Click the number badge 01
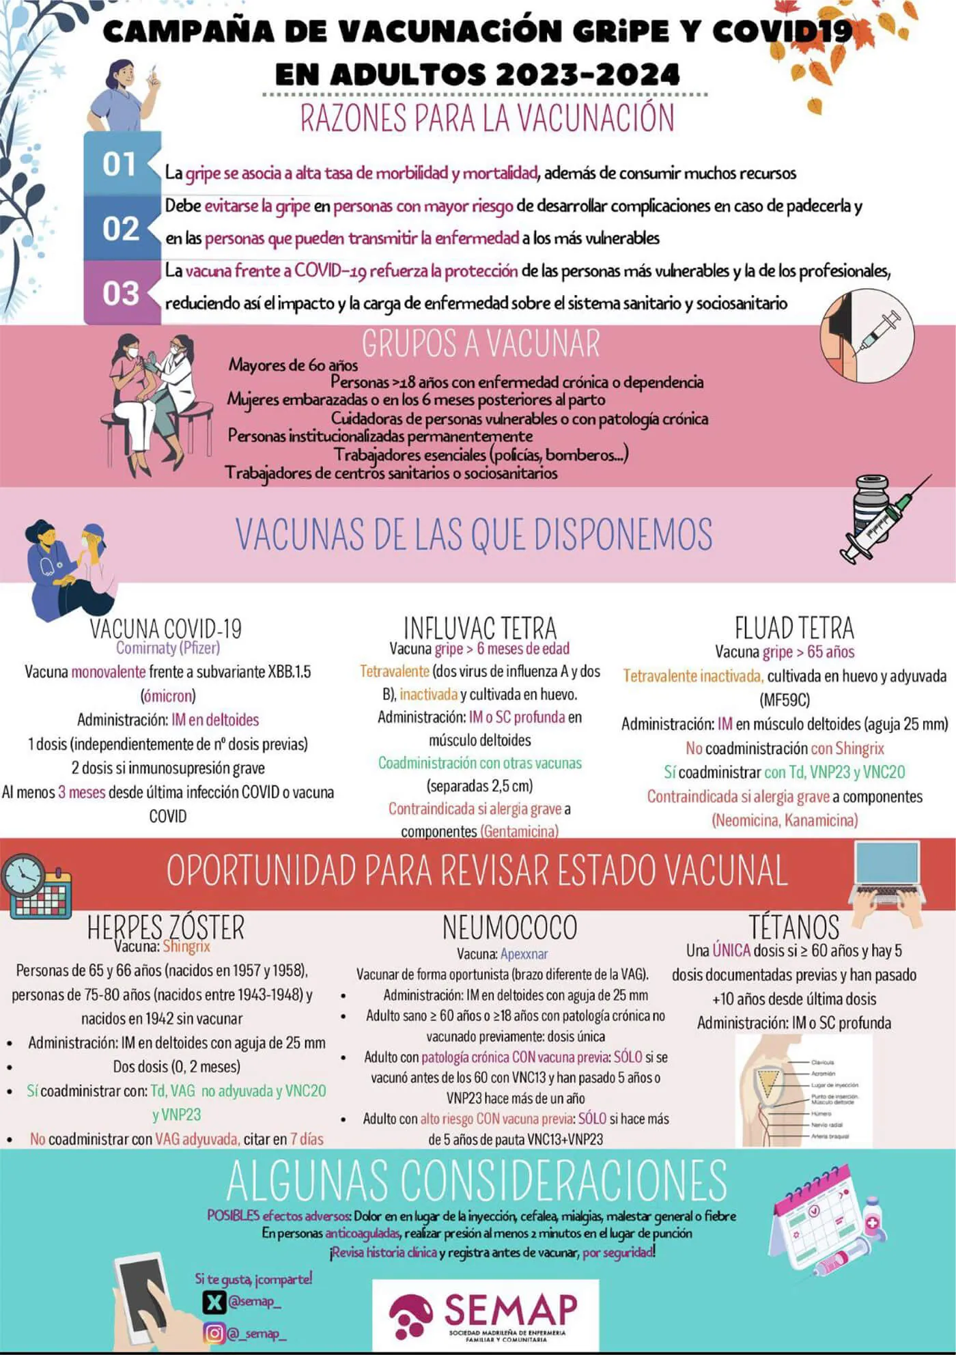coord(119,165)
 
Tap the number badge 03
coord(120,294)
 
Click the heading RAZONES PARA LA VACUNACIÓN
coord(487,118)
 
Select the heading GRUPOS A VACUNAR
coord(481,344)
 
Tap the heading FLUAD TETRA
coord(794,627)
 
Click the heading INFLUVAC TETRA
coord(479,627)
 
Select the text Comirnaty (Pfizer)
coord(168,647)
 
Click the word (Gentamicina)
coord(519,831)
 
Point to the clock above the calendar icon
coord(23,875)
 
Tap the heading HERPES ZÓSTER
coord(165,927)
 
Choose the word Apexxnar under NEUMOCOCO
coord(524,954)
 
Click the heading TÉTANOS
coord(794,927)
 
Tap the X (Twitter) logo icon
coord(214,1302)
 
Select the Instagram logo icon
coord(214,1332)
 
